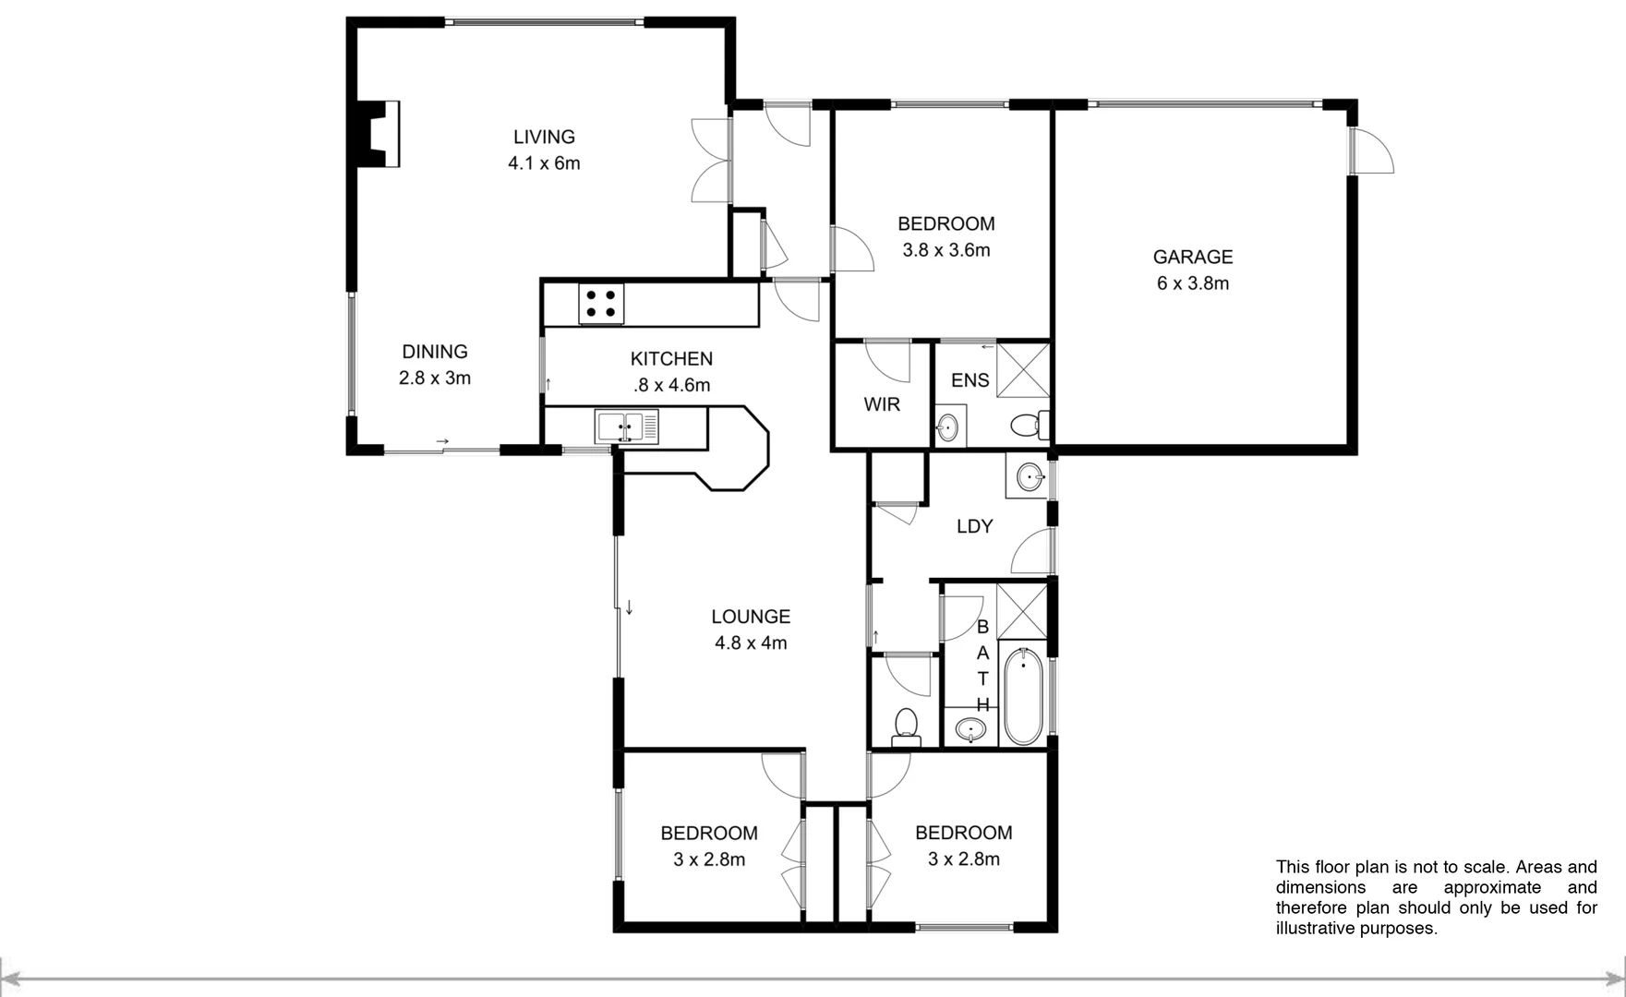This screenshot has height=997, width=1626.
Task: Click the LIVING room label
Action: [x=544, y=137]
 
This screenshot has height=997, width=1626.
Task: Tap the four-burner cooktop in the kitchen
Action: [x=601, y=304]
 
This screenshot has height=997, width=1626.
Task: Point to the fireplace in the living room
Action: [x=379, y=134]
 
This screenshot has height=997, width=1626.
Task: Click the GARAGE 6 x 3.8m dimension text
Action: [x=1192, y=283]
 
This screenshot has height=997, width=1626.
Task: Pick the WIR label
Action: [x=882, y=404]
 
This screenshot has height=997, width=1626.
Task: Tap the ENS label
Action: [x=970, y=380]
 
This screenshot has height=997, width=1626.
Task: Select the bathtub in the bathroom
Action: [x=1023, y=696]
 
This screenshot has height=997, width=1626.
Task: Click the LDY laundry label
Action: [x=974, y=526]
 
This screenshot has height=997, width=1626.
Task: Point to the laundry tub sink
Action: [x=1029, y=477]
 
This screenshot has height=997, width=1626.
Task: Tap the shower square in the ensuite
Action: [x=1023, y=369]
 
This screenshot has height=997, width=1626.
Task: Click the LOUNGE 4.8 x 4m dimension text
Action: [x=750, y=643]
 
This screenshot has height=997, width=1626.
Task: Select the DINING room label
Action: [x=434, y=352]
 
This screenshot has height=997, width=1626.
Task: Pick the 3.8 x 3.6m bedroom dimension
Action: [x=945, y=250]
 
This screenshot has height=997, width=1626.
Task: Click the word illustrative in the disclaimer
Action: [x=1314, y=929]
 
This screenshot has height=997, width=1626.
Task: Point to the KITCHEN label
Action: [x=671, y=359]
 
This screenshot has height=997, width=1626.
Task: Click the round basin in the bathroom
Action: [x=970, y=730]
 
